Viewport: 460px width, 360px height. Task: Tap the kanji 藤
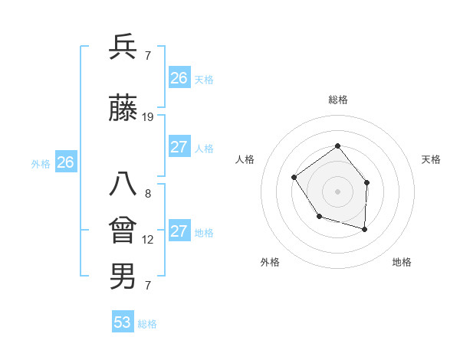point(123,109)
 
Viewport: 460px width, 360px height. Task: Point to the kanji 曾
point(123,231)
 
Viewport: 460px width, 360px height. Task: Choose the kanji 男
point(123,276)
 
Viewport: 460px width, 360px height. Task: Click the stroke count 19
point(148,117)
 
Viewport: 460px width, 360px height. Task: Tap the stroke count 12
point(148,240)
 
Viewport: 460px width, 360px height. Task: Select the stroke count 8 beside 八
point(148,194)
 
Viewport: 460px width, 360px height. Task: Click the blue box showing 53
point(123,322)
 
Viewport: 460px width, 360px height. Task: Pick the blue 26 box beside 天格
point(179,78)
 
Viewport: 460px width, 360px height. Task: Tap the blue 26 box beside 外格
point(66,162)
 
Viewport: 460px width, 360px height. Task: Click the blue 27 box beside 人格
point(179,147)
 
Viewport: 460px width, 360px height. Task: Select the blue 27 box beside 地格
point(179,231)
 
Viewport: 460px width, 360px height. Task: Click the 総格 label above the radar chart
point(338,100)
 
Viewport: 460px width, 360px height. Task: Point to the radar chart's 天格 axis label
point(431,159)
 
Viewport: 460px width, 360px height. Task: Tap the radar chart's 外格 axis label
point(270,262)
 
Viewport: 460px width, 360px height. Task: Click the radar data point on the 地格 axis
point(365,229)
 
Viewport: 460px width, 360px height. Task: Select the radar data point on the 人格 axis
point(294,178)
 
